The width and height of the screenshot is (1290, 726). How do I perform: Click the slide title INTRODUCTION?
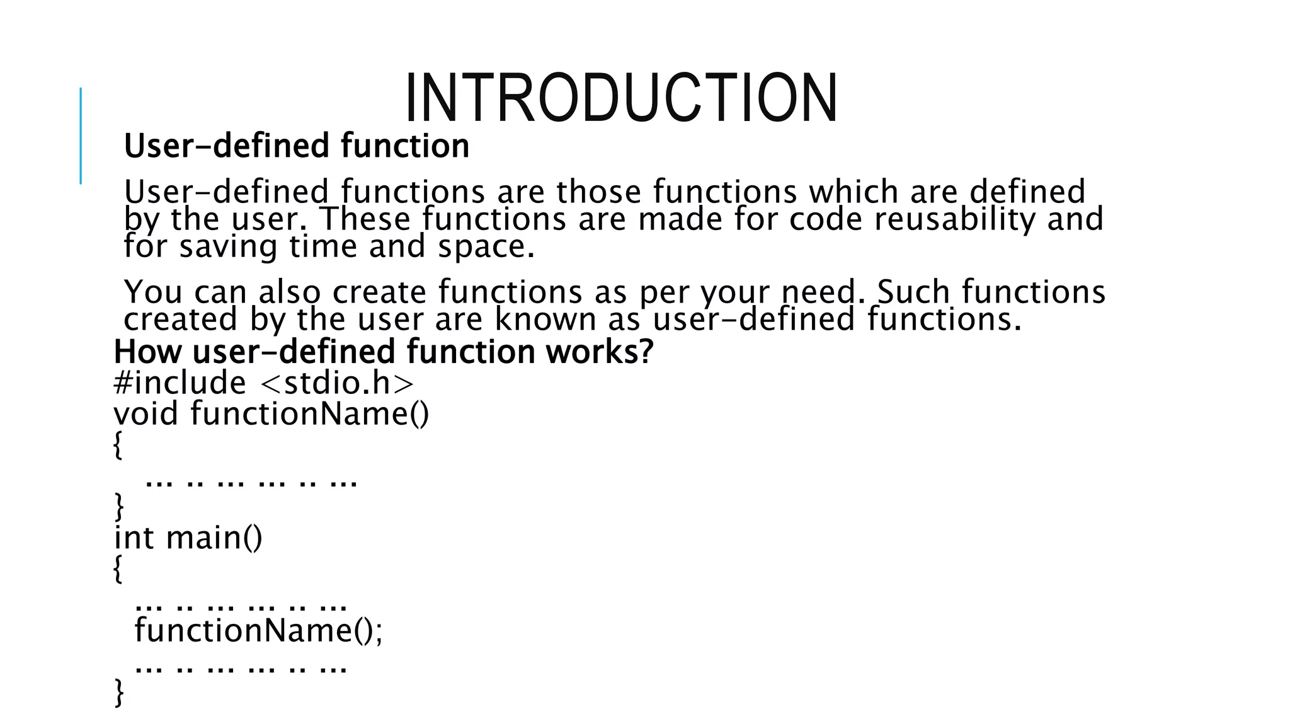[x=620, y=98]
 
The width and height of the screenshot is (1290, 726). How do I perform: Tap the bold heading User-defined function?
[x=297, y=146]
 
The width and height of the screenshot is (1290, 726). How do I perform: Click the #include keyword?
[x=180, y=383]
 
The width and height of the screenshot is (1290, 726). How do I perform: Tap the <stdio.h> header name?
[x=336, y=383]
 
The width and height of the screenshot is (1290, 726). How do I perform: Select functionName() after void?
[x=309, y=413]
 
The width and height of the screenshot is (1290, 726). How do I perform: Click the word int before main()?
[x=134, y=538]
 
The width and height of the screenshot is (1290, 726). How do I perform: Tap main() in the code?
[x=214, y=538]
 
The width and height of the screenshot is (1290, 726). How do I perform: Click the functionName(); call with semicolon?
[x=258, y=630]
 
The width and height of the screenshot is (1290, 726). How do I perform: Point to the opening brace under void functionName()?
[x=118, y=446]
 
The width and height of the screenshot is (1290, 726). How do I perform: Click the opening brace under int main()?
[x=118, y=569]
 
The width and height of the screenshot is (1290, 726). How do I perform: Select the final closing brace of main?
[x=118, y=692]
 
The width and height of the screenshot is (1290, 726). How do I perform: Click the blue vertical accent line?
[x=81, y=135]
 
